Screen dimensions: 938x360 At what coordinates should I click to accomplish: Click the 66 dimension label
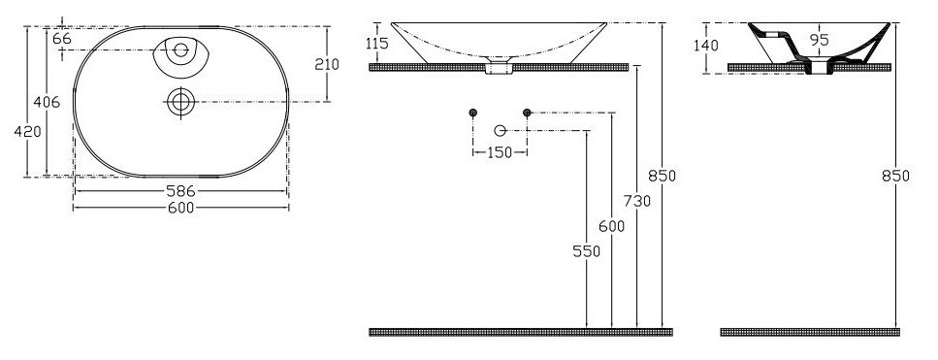[x=62, y=39]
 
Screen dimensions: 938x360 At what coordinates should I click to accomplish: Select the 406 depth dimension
[x=47, y=102]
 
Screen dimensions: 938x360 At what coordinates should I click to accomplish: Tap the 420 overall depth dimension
[x=27, y=132]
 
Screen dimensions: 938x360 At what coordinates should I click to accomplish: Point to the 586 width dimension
[x=180, y=191]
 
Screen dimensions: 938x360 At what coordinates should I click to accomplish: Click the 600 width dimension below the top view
[x=180, y=208]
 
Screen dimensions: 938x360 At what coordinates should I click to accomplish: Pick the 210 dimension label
[x=327, y=64]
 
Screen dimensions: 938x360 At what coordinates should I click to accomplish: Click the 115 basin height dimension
[x=377, y=44]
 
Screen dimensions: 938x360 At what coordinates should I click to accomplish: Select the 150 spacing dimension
[x=500, y=152]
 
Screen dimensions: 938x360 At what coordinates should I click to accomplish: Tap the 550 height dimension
[x=586, y=251]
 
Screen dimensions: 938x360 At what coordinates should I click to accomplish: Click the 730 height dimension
[x=637, y=202]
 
